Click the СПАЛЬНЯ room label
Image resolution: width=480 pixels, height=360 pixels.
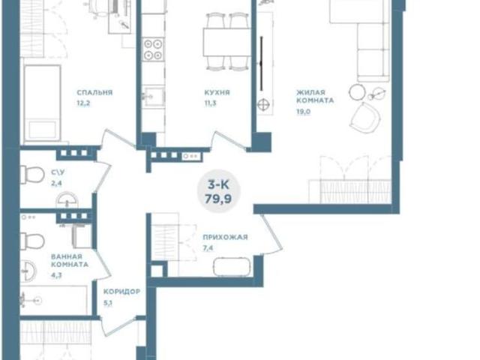[94, 92]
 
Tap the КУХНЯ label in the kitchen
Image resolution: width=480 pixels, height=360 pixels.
[217, 92]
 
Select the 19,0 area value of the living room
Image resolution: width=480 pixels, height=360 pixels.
[303, 112]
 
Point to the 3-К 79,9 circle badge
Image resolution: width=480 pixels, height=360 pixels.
[218, 191]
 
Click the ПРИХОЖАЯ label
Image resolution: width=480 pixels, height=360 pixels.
[225, 237]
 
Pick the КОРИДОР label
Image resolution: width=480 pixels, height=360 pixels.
[121, 292]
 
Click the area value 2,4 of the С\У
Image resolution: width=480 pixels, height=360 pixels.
[57, 183]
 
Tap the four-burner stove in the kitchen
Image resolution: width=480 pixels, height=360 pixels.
[153, 50]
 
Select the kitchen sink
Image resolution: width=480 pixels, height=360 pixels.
[153, 96]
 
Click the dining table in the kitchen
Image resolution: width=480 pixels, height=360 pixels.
[226, 42]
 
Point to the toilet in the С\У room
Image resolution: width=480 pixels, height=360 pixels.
[32, 175]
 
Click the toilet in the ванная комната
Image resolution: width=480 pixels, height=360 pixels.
[32, 241]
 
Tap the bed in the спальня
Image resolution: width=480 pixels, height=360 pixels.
[42, 103]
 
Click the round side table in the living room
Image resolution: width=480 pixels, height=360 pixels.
[357, 91]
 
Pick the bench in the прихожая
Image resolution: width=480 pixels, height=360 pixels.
[232, 267]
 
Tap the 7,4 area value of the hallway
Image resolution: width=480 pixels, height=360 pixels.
[208, 248]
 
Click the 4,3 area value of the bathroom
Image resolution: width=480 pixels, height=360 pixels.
[56, 275]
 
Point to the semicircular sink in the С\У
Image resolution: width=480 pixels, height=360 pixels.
[67, 200]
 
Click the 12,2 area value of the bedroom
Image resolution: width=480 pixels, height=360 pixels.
[83, 103]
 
